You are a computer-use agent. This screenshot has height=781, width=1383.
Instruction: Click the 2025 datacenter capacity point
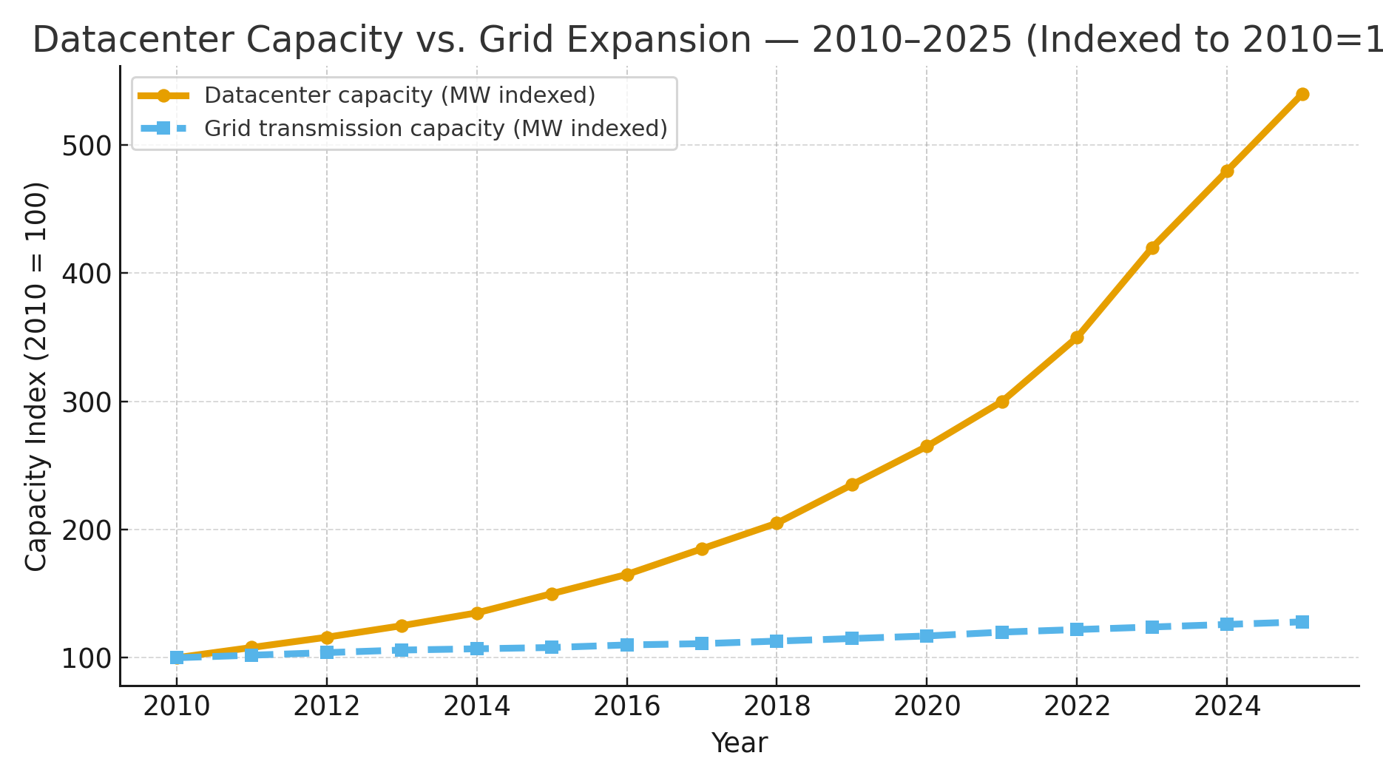(1302, 94)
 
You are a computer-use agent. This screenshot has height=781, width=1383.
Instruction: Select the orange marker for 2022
(1077, 337)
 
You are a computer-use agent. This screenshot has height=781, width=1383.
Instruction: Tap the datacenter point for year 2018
(777, 523)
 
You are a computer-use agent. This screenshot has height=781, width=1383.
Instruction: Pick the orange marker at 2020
(927, 446)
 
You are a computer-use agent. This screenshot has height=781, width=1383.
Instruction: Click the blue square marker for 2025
(1302, 621)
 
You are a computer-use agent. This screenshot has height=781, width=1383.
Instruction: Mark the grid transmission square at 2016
(626, 645)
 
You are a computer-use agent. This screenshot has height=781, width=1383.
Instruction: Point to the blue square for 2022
(1077, 629)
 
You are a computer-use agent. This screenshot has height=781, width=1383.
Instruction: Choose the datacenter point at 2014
(477, 613)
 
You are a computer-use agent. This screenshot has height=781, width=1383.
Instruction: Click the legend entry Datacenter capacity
(399, 95)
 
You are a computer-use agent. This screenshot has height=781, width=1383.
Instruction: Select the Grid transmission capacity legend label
(436, 129)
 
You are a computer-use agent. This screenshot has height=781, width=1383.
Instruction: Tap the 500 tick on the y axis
(85, 146)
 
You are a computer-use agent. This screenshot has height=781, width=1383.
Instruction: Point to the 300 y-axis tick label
(85, 402)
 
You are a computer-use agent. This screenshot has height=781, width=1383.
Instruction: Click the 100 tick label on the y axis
(85, 658)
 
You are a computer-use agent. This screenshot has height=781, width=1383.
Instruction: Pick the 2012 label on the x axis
(326, 707)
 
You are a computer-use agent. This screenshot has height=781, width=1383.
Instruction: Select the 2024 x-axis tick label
(1227, 707)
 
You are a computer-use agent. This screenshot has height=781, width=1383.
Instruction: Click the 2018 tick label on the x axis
(777, 707)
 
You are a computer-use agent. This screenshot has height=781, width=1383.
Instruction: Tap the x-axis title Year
(739, 743)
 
